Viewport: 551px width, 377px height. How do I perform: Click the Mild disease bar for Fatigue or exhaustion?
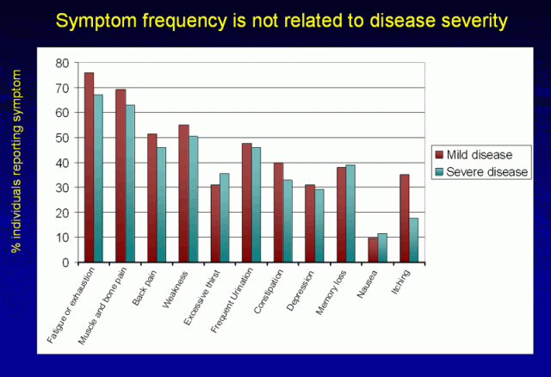[x=89, y=167]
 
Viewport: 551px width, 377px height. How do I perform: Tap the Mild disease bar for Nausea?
[x=372, y=250]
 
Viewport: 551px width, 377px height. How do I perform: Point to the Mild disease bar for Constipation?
[x=278, y=212]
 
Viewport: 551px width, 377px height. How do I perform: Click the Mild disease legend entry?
[x=480, y=155]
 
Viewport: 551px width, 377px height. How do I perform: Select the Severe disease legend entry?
[x=484, y=171]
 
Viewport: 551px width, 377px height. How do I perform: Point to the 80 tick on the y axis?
[x=62, y=63]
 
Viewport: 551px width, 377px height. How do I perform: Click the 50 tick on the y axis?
[x=62, y=138]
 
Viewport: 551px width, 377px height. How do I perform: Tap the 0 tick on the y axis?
[x=65, y=262]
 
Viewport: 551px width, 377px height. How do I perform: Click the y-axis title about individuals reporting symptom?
[x=15, y=162]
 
